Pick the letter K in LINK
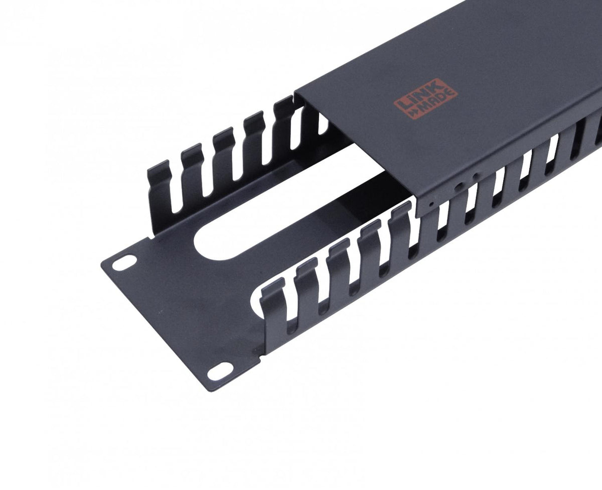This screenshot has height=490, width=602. point(437,85)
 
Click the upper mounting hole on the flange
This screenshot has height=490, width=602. point(124,263)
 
